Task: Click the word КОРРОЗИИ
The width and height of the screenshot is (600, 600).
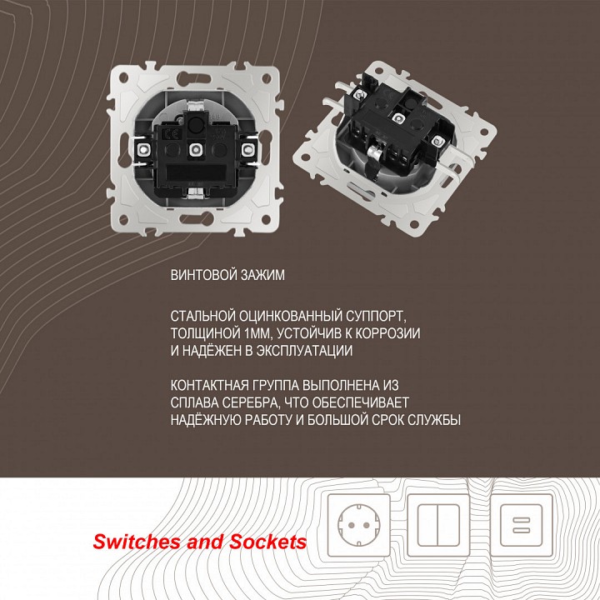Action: (x=387, y=333)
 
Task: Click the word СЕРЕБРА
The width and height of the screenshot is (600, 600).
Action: (x=252, y=402)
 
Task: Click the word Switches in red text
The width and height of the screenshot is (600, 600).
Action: (x=137, y=542)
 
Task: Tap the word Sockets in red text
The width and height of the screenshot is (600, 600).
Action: (x=268, y=542)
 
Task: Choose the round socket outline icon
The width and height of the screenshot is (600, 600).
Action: (x=359, y=525)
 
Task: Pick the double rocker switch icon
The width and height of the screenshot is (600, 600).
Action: (x=438, y=525)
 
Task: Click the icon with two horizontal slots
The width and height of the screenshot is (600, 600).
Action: (x=521, y=525)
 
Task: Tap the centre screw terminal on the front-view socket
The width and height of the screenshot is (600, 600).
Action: (x=196, y=148)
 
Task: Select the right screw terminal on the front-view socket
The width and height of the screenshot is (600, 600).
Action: (x=247, y=148)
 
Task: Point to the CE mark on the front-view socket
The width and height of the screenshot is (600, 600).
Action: (x=168, y=135)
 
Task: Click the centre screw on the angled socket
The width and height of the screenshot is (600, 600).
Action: (x=398, y=119)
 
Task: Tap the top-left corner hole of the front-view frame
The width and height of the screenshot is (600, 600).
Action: (x=124, y=77)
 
